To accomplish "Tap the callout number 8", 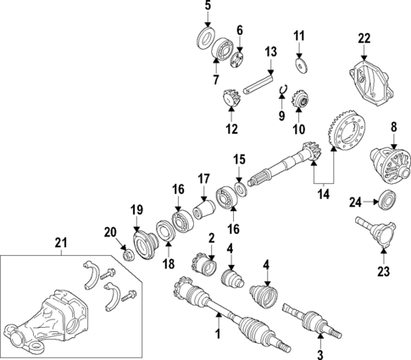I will (393, 127).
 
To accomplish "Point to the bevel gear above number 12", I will (228, 100).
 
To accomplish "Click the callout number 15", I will (239, 158).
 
